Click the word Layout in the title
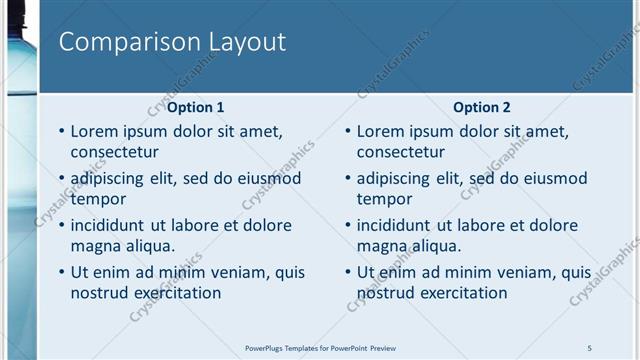point(246,42)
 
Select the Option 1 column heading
point(196,107)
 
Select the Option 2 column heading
point(482,107)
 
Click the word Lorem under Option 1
point(95,131)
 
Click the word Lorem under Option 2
point(381,131)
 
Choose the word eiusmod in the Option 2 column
point(550,179)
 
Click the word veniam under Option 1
point(224,272)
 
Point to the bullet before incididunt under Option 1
point(62,225)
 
